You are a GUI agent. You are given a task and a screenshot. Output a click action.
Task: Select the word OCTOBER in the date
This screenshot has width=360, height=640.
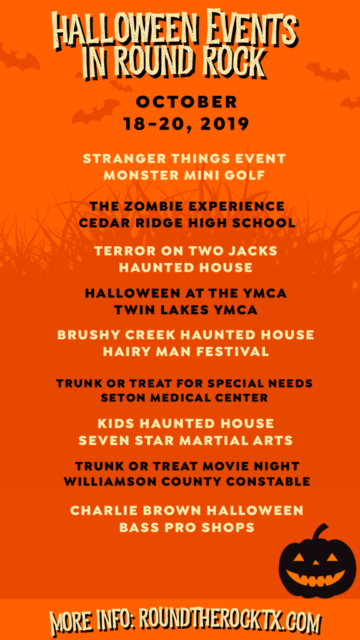tap(186, 102)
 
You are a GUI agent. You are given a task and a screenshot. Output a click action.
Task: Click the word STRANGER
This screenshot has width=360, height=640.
tap(122, 158)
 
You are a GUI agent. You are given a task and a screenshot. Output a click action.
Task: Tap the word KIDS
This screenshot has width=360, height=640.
tap(116, 423)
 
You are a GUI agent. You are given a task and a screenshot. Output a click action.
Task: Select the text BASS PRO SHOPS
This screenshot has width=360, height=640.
tap(187, 527)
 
